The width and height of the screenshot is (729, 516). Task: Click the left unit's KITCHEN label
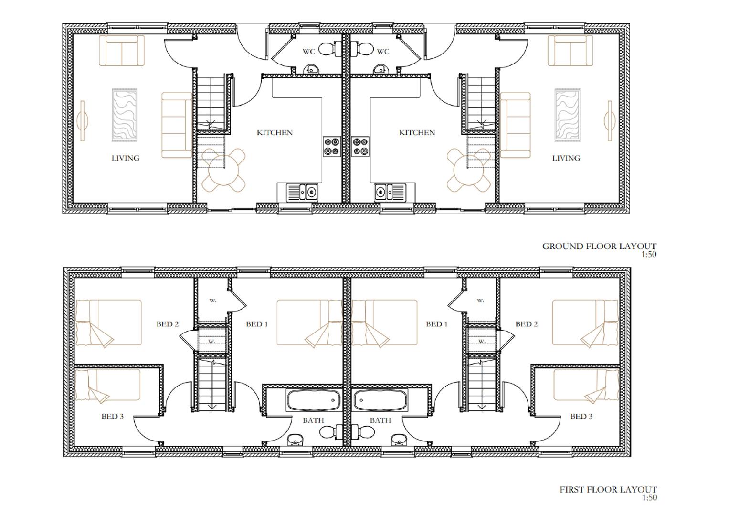pos(275,133)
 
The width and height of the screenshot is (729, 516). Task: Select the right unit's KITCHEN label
pos(417,133)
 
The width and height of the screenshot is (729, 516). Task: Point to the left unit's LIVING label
pos(125,158)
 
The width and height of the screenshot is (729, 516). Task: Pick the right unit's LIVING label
pos(566,158)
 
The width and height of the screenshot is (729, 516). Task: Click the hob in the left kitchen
pos(332,147)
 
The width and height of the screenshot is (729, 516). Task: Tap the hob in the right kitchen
pos(360,147)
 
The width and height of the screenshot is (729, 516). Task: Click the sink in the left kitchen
pos(302,192)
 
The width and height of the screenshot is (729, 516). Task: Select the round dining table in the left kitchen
pos(223,170)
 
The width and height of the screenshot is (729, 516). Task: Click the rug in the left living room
pos(124,115)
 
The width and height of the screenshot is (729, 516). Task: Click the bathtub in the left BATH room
pos(313,400)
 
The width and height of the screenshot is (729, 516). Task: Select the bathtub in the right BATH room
pos(380,400)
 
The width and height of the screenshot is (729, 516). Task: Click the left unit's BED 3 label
pos(112,416)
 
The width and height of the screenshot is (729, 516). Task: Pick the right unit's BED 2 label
pos(526,324)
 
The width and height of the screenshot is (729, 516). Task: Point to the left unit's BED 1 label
pos(257,324)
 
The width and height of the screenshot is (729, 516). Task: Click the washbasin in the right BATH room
pos(398,440)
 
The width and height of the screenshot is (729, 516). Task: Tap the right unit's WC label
pos(383,52)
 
